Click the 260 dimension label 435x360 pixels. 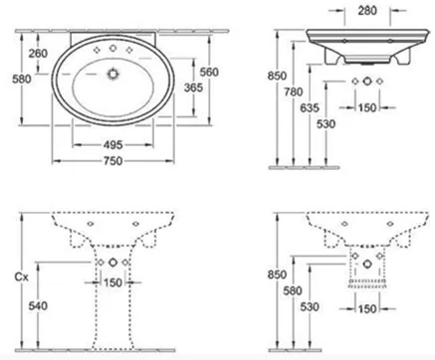click(x=38, y=53)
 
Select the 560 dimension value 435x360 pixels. click(x=209, y=72)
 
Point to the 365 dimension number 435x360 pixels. click(x=193, y=88)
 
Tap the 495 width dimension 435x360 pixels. click(x=113, y=145)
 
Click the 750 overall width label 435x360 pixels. click(x=113, y=161)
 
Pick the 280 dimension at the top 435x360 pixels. click(x=367, y=11)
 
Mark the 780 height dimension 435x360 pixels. click(x=294, y=91)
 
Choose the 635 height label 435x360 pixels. click(x=310, y=107)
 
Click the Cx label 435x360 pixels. click(x=22, y=276)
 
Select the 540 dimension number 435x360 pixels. click(x=38, y=305)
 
